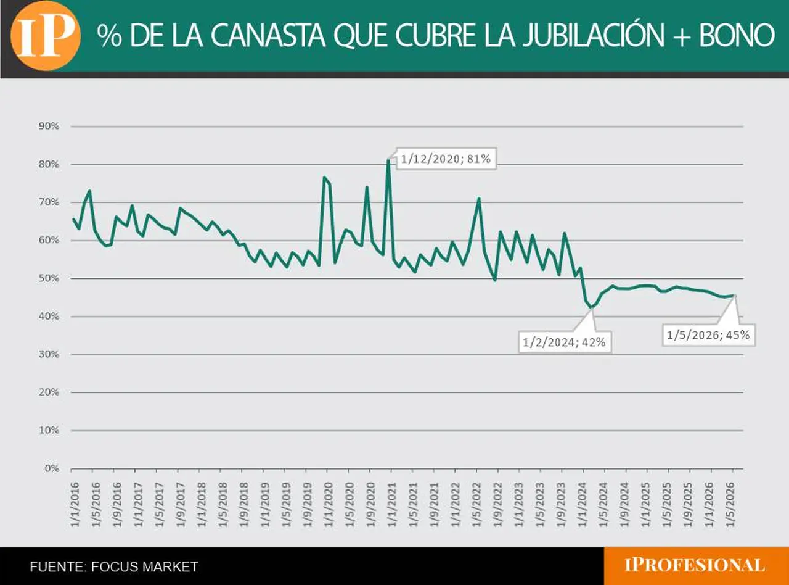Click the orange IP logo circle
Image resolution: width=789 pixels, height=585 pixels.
[x=46, y=36]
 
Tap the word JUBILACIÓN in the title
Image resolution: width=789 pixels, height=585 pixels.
[x=594, y=35]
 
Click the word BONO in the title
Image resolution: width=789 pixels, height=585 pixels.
[x=737, y=36]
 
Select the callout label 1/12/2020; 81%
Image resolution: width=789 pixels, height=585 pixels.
[x=446, y=159]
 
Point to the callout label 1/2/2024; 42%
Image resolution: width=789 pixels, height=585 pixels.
[x=564, y=342]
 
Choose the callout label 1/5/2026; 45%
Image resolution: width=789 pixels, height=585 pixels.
[x=708, y=335]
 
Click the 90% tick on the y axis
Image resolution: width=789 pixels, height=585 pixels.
[x=49, y=126]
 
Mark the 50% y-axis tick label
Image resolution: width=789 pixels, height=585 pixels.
[x=49, y=278]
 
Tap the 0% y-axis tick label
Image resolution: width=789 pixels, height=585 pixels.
[x=52, y=468]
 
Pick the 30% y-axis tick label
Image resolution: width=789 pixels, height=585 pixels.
[x=49, y=354]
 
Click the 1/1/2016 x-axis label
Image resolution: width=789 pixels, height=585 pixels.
[x=75, y=505]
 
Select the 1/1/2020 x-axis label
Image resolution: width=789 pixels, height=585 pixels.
[x=328, y=505]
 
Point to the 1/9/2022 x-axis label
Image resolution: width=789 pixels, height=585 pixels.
[x=497, y=505]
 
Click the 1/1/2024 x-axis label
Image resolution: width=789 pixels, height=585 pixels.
[x=583, y=505]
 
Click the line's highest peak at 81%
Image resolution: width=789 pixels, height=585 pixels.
[x=388, y=160]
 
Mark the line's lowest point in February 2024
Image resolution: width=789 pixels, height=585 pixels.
[x=591, y=307]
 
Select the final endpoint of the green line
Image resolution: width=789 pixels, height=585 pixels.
[x=734, y=296]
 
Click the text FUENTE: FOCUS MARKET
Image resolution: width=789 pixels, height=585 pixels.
[x=114, y=566]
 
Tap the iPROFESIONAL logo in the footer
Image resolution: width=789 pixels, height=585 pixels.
[x=695, y=565]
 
